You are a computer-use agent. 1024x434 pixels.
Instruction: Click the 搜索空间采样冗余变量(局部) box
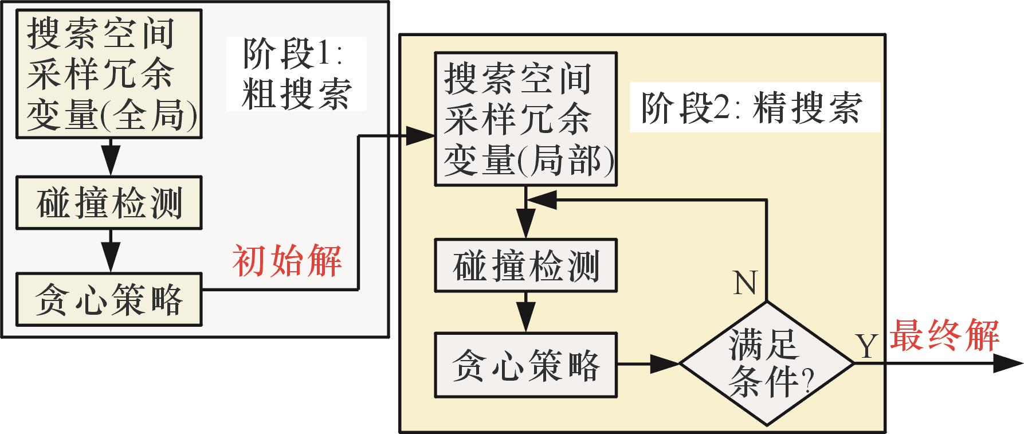pos(525,119)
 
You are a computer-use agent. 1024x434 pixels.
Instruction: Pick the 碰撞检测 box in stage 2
pos(525,265)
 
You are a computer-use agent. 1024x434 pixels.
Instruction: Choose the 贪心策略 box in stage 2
pos(525,364)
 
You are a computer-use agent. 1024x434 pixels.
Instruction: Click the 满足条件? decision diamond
pos(767,363)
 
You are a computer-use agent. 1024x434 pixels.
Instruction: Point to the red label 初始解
pos(287,261)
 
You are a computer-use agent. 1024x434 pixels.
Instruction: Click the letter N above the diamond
pos(745,283)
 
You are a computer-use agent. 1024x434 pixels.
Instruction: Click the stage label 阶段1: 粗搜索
pos(296,73)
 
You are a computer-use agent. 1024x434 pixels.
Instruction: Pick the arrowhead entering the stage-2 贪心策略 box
pos(525,322)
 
